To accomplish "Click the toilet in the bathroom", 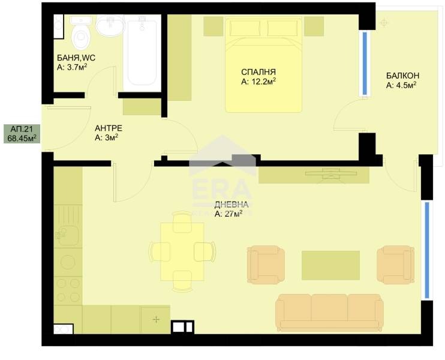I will tap(79, 35).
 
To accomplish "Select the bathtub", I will tap(142, 53).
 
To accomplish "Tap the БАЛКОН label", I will tap(402, 76).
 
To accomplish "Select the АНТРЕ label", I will tap(109, 128).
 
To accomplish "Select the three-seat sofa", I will tap(329, 312).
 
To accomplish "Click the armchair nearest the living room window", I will tap(395, 263).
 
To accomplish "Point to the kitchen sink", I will tap(67, 236).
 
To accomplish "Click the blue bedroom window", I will tap(365, 63).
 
